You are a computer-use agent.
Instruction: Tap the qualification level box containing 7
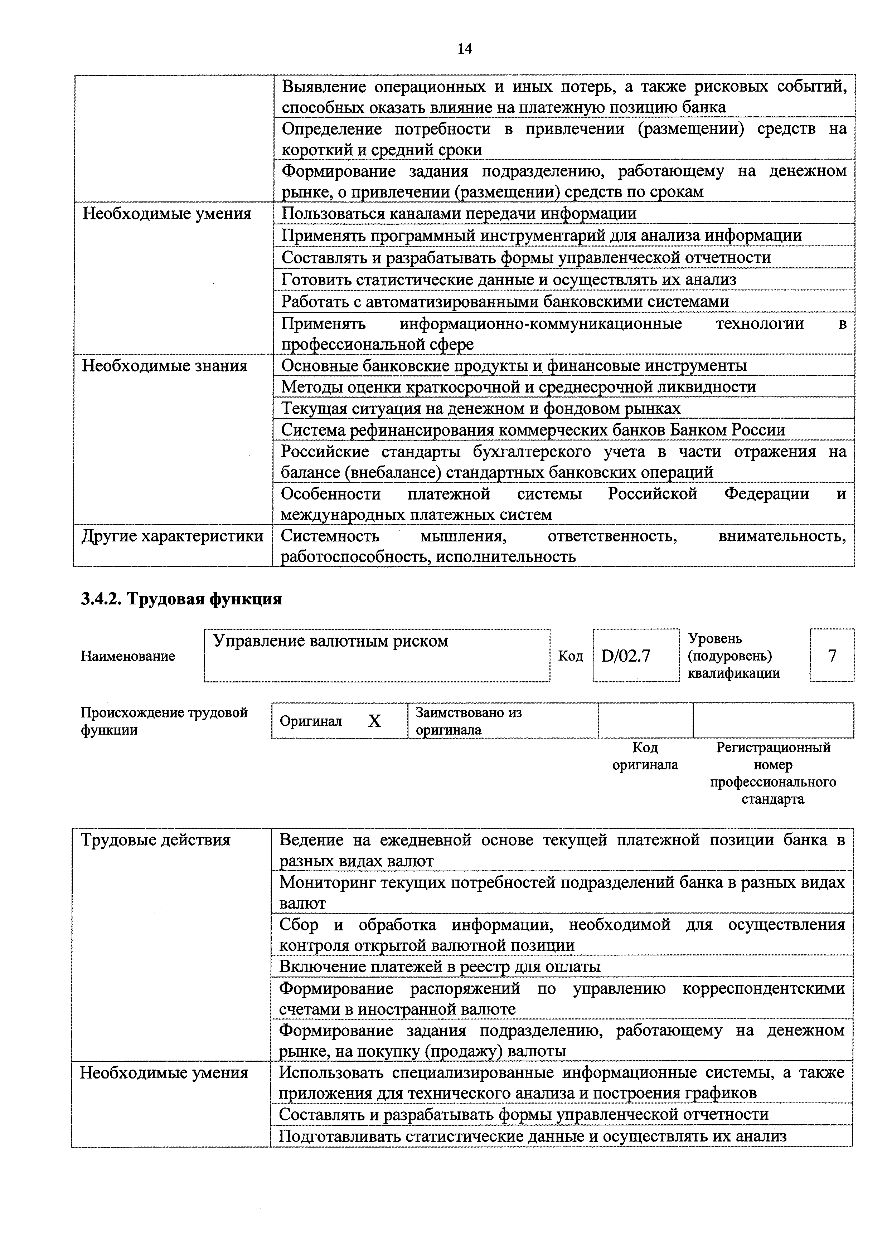coord(832,655)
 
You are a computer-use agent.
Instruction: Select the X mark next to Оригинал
coord(374,721)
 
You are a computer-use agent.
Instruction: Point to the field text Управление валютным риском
coord(330,641)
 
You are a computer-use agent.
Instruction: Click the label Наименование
coord(128,656)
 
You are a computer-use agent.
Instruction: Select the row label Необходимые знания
coord(165,365)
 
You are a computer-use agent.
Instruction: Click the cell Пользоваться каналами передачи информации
coord(459,213)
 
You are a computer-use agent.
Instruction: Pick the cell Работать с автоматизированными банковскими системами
coord(504,301)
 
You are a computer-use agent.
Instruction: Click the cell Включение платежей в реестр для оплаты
coord(440,967)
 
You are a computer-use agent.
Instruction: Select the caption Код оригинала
coord(645,756)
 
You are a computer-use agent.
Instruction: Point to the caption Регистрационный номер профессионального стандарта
coord(773,773)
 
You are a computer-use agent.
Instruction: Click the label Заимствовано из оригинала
coord(469,721)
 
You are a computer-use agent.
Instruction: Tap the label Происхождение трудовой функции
coord(164,721)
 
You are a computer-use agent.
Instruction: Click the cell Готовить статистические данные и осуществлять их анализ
coord(508,279)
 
